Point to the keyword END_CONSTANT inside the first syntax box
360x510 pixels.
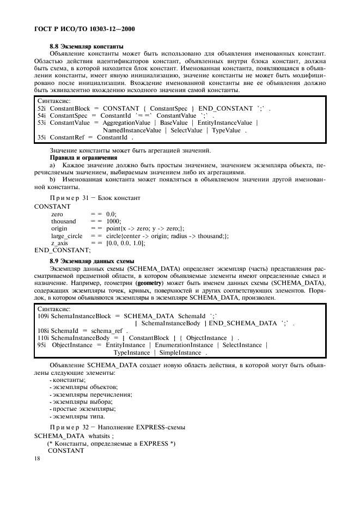(222, 108)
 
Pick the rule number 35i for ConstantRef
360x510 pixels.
(41, 138)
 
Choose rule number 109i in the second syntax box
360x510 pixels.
(43, 316)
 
